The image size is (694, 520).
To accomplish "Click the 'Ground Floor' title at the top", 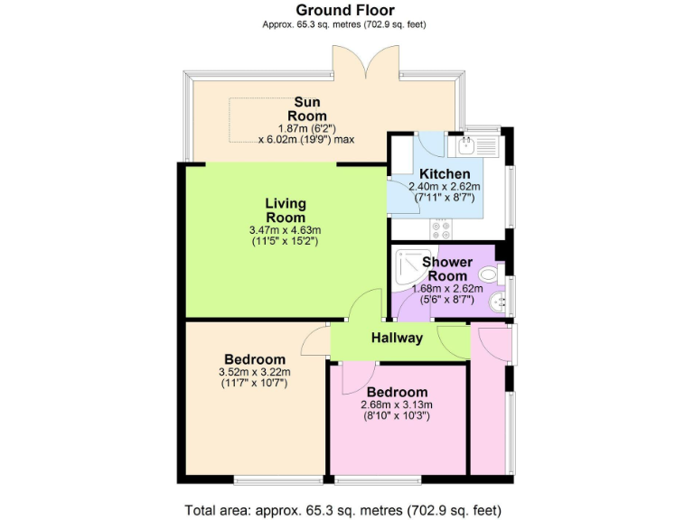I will click(345, 10).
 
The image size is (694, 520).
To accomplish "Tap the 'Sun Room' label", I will click(306, 108).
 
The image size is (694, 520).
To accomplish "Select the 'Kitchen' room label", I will click(445, 173).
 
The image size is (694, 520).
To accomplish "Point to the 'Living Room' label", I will click(285, 210).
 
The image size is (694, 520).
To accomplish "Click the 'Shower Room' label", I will click(447, 269).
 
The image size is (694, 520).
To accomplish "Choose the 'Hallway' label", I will click(397, 339).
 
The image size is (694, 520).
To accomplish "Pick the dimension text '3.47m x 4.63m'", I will click(285, 230).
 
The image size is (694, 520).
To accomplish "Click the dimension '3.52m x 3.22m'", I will click(255, 371).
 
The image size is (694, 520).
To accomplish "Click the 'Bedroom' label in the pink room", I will click(397, 392).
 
